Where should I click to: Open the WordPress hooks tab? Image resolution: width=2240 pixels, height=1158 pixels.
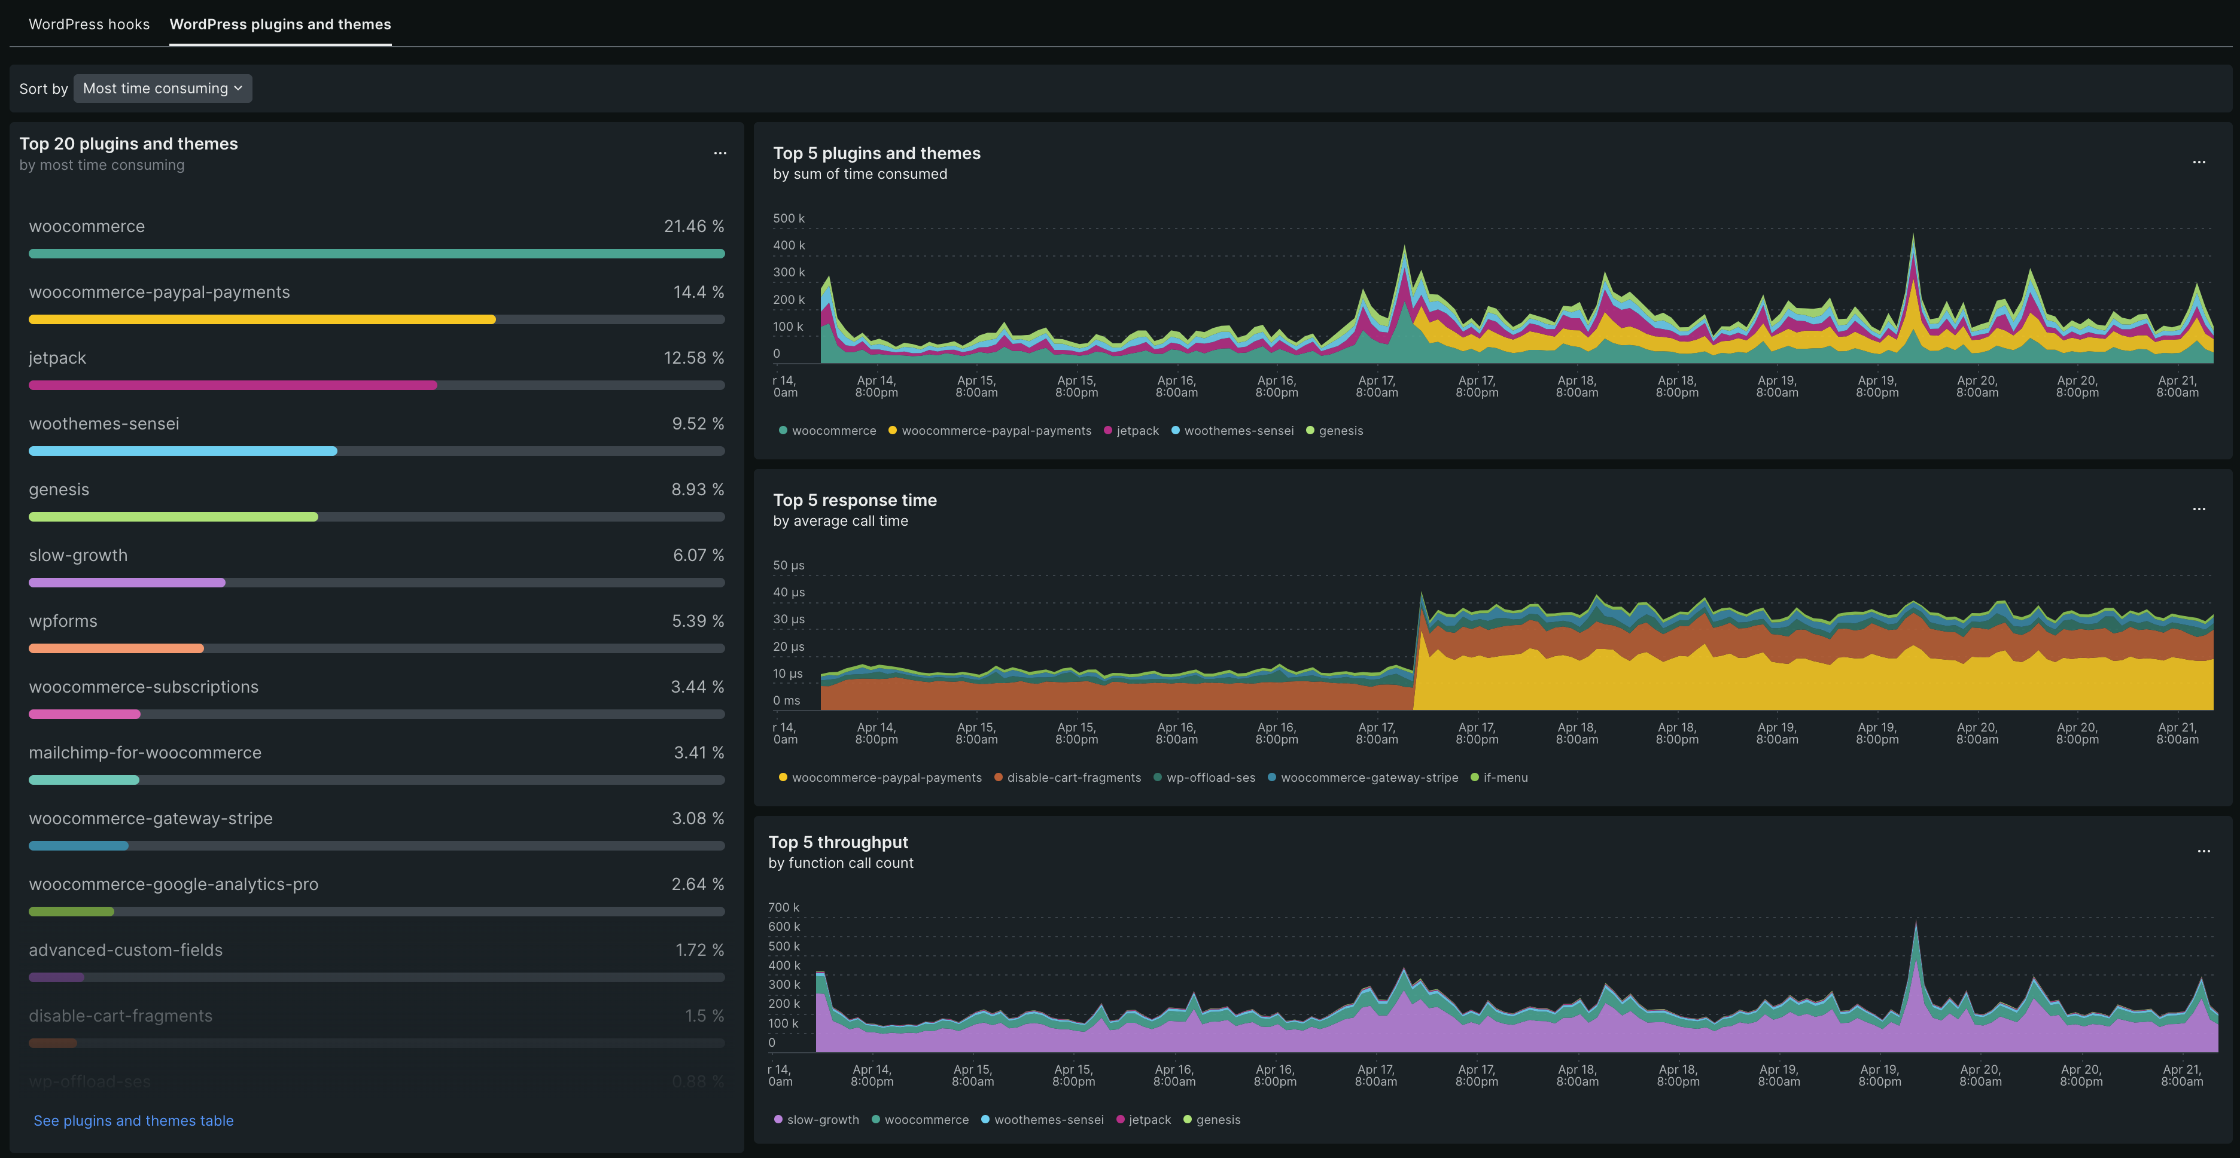coord(89,25)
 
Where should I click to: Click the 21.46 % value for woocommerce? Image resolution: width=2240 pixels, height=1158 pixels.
coord(693,226)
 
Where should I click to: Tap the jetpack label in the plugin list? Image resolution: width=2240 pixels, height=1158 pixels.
coord(57,358)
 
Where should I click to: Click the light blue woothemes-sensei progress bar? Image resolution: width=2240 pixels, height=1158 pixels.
coord(182,451)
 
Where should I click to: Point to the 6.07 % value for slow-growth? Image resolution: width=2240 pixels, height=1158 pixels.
coord(698,556)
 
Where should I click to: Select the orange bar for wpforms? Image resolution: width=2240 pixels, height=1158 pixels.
coord(115,648)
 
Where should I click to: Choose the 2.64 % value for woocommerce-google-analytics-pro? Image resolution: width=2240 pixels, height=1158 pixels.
coord(696,884)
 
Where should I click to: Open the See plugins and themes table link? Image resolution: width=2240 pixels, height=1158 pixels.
coord(133,1121)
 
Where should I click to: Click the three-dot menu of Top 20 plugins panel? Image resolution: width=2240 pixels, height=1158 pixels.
coord(720,153)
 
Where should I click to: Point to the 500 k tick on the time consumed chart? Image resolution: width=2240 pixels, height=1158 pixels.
coord(789,218)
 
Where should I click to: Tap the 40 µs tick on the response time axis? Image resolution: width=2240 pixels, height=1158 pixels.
coord(789,593)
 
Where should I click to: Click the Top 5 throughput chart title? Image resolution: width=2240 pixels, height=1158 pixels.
coord(838,842)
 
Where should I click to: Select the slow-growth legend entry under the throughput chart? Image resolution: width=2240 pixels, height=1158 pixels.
coord(821,1120)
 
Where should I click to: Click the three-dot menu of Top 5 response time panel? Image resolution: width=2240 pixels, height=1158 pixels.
coord(2198,510)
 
